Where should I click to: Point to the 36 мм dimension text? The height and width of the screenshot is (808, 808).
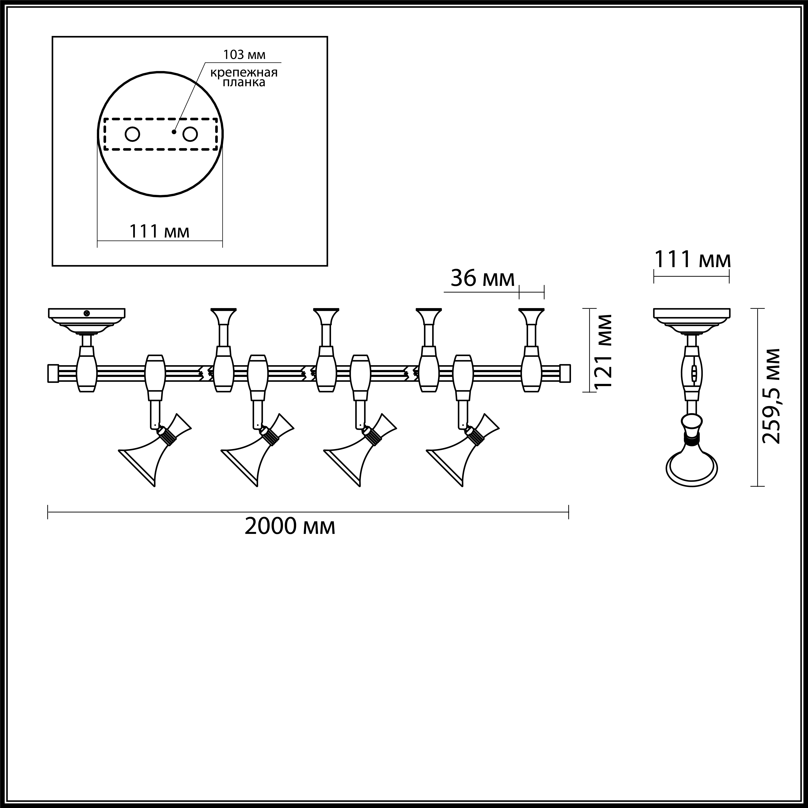[482, 279]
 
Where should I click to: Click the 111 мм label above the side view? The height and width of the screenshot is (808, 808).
[692, 260]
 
